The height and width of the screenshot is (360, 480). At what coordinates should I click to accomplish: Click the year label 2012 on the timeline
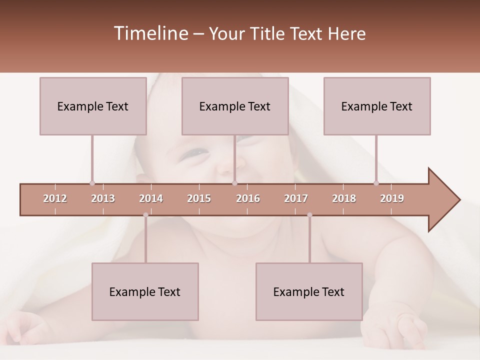(x=55, y=198)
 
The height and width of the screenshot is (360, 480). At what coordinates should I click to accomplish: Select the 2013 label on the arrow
(x=103, y=198)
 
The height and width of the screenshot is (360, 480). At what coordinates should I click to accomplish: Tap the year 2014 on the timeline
(x=151, y=198)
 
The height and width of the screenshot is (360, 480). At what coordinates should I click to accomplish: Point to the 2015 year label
(x=199, y=198)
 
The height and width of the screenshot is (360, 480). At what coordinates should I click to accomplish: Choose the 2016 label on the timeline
(x=248, y=198)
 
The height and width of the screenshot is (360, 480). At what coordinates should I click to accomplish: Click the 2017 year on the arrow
(x=296, y=198)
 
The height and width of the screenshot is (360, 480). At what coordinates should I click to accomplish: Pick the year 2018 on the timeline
(x=344, y=198)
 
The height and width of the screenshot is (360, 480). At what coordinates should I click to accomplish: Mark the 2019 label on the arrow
(x=392, y=198)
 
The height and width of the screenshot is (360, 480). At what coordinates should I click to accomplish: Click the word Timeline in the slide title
(x=150, y=33)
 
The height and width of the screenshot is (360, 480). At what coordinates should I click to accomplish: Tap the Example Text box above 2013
(x=93, y=106)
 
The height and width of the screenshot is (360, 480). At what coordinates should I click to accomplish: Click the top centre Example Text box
(x=235, y=106)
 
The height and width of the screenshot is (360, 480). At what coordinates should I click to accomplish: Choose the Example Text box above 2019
(x=377, y=106)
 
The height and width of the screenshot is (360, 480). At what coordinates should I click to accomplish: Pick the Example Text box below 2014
(x=145, y=291)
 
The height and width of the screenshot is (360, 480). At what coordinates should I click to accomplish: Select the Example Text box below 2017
(x=309, y=291)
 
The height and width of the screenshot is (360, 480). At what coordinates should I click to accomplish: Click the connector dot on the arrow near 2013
(x=92, y=183)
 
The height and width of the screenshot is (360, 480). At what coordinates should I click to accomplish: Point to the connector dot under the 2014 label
(x=145, y=215)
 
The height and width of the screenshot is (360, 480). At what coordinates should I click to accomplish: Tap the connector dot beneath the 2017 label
(x=309, y=215)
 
